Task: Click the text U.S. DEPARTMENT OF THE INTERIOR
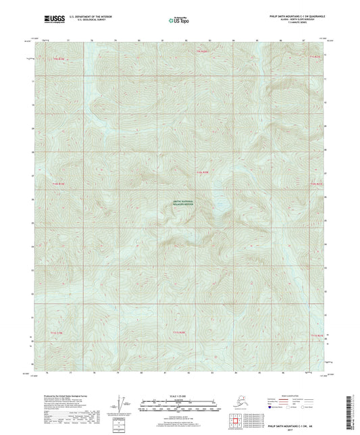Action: point(84,17)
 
